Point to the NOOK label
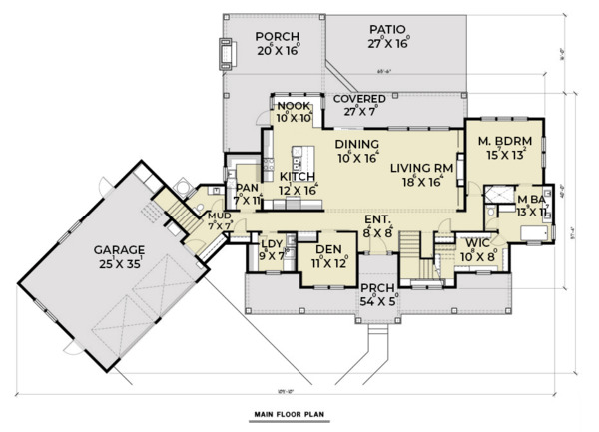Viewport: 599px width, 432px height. point(294,106)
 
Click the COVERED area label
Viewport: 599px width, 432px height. point(360,100)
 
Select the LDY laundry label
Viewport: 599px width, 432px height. point(270,243)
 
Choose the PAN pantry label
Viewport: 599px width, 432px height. point(245,187)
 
